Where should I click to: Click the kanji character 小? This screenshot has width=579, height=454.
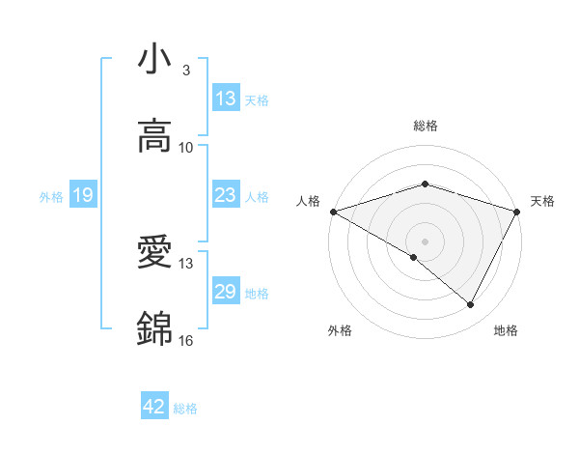click(x=155, y=60)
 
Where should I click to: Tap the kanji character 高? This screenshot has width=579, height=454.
click(x=155, y=136)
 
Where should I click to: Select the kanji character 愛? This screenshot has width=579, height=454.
click(x=155, y=253)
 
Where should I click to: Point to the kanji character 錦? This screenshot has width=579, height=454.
click(x=155, y=329)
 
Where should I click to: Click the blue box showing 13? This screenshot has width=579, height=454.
click(x=226, y=99)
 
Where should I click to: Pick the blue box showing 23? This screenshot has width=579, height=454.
click(x=226, y=195)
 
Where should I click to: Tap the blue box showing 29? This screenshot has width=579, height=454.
click(x=226, y=292)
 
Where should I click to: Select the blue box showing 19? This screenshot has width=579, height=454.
click(x=83, y=196)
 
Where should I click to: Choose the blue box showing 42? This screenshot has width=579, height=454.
click(x=154, y=407)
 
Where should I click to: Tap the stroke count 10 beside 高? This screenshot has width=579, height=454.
click(x=186, y=147)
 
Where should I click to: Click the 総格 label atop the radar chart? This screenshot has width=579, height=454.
click(x=426, y=126)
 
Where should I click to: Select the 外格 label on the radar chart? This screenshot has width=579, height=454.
click(x=340, y=331)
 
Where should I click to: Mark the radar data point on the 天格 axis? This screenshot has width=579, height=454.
click(x=518, y=211)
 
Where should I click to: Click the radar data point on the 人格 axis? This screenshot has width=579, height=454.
click(x=333, y=211)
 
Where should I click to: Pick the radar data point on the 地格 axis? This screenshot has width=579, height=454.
click(x=471, y=304)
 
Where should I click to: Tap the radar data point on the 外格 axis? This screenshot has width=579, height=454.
click(x=414, y=257)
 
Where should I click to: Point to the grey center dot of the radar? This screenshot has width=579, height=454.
click(x=426, y=241)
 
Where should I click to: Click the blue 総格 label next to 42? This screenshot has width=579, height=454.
click(x=185, y=408)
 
